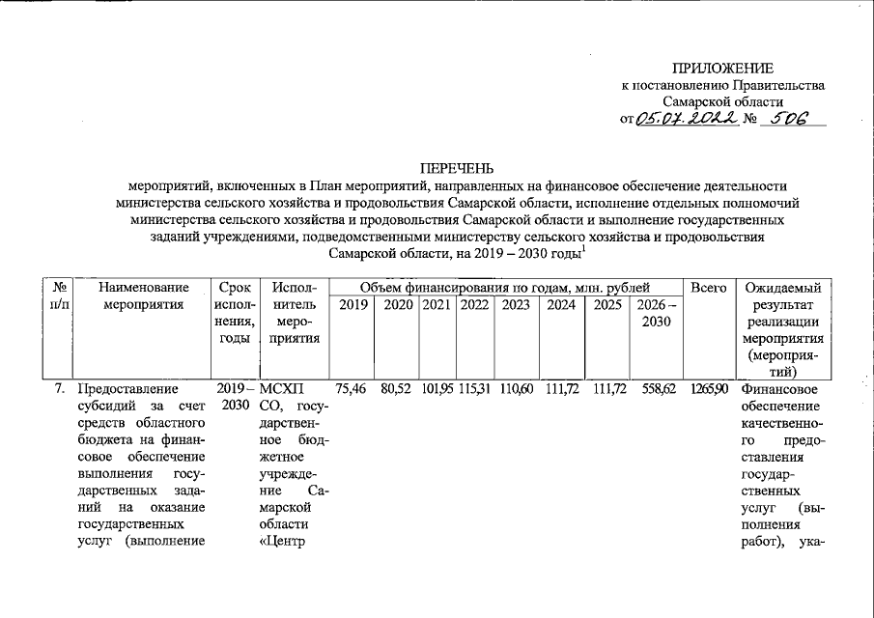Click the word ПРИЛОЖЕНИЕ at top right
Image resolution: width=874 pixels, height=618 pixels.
[723, 68]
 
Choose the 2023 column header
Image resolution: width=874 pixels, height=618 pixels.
[516, 305]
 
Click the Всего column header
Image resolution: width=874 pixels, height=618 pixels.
[709, 288]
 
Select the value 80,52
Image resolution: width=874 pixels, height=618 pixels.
[398, 389]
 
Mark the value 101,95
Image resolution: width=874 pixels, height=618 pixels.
[438, 389]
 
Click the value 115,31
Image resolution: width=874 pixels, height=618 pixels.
[475, 389]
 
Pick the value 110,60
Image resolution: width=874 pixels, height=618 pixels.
[516, 389]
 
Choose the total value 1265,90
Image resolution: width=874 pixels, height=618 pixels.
[709, 389]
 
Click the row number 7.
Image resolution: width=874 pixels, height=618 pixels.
[60, 389]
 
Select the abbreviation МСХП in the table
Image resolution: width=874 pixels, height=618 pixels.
[282, 389]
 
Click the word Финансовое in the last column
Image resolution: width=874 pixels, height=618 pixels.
[780, 389]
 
